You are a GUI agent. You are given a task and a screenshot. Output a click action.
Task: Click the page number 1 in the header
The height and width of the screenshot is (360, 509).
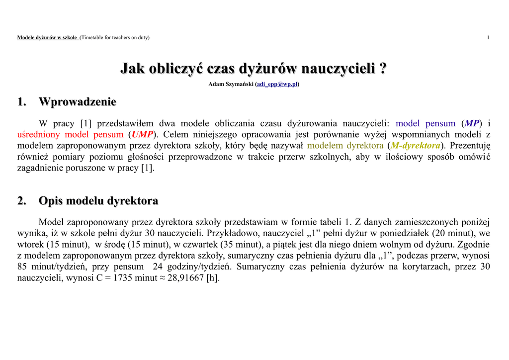[x=489, y=38]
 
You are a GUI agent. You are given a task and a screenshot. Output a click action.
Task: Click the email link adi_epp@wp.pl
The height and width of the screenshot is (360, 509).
[x=277, y=85]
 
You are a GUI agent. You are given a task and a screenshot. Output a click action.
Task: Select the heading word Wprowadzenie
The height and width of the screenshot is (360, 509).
[x=78, y=102]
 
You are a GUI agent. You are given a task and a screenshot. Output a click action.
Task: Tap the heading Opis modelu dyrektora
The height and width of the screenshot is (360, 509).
[x=98, y=201]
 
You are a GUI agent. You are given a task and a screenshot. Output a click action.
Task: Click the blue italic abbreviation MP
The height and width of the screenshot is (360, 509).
[x=473, y=123]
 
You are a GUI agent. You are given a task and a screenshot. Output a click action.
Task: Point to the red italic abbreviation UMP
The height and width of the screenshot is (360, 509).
[x=143, y=134]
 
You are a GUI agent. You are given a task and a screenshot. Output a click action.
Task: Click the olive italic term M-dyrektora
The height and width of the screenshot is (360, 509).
[x=416, y=146]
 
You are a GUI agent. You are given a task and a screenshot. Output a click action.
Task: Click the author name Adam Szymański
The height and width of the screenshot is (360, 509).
[x=231, y=85]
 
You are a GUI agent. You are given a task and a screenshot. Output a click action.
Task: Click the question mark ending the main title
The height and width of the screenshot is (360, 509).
[x=383, y=68]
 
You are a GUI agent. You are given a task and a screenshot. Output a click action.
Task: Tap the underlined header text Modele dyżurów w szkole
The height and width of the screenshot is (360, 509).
[x=47, y=38]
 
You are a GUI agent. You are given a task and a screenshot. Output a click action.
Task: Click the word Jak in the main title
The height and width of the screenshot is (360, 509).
[x=133, y=68]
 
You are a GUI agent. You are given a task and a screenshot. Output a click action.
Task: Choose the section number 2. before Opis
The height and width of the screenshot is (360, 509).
[x=21, y=201]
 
